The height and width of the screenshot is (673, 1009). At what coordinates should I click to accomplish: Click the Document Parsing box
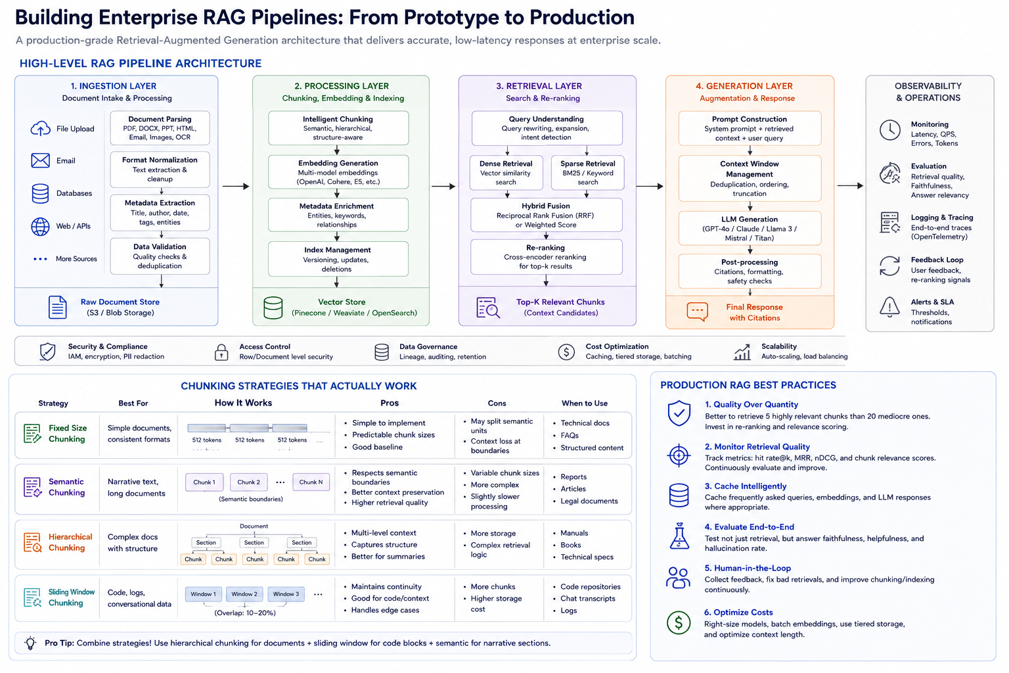pos(160,128)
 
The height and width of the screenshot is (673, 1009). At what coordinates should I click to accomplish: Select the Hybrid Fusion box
pos(546,215)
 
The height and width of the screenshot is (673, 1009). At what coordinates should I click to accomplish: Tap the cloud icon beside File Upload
pos(40,128)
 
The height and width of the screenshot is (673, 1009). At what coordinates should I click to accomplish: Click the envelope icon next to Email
pos(40,160)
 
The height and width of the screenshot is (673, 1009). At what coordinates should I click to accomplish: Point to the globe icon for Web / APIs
pos(40,226)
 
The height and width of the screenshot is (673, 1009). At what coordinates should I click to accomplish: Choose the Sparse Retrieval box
pos(587,173)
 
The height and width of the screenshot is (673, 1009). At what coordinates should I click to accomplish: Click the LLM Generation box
pos(750,228)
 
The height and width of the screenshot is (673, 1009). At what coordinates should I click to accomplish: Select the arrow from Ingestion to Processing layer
pos(236,186)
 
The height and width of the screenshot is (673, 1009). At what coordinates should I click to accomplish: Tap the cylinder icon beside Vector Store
pos(273,308)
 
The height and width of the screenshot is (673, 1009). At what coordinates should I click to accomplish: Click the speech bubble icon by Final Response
pos(697,312)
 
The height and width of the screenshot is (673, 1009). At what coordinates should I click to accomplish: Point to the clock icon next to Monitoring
pos(889,130)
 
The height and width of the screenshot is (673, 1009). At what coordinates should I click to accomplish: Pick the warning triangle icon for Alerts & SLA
pos(889,307)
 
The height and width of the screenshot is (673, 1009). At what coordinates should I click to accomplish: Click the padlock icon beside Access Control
pos(221,352)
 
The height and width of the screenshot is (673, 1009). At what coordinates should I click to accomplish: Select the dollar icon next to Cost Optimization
pos(566,352)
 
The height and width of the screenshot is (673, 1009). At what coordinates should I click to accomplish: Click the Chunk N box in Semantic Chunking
pos(311,482)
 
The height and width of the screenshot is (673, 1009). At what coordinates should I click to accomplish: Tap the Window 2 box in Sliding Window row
pos(244,594)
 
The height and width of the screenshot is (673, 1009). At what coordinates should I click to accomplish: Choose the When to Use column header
pos(584,404)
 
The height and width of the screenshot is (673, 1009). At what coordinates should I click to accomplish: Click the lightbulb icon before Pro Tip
pos(30,643)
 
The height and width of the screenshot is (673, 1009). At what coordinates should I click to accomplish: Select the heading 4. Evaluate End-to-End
pos(749,527)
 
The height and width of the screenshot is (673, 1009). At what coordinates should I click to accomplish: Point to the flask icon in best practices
pos(679,536)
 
